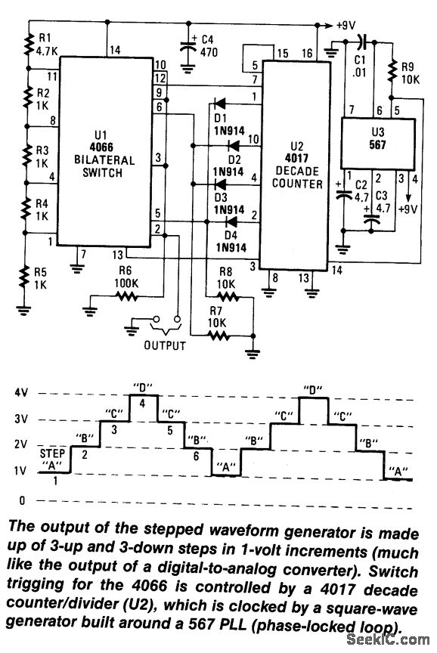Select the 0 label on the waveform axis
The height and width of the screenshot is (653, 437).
point(23,501)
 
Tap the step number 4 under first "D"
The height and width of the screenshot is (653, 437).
point(142,404)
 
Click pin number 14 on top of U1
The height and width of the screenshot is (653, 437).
point(114,51)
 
